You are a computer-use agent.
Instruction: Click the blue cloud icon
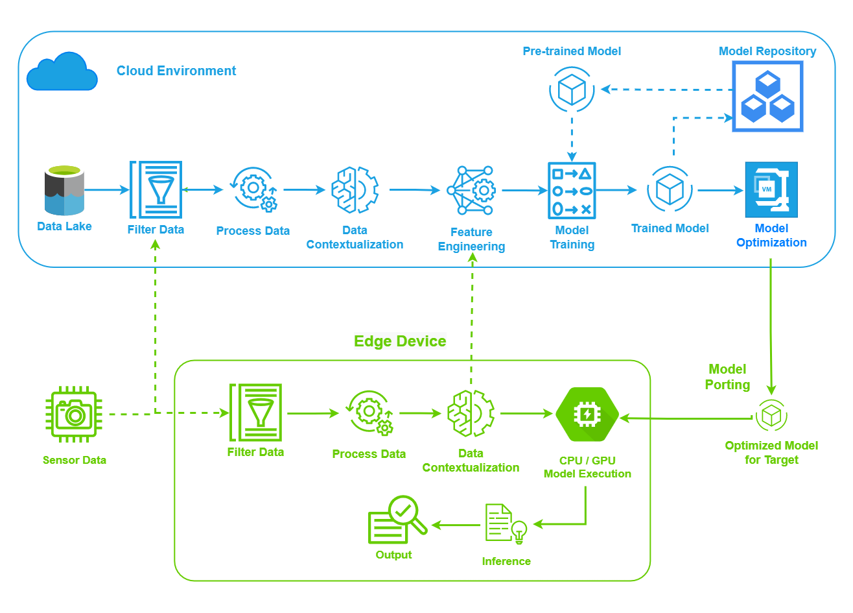pos(62,72)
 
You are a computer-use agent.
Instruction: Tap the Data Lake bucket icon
pos(64,191)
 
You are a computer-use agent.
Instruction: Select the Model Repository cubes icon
pos(767,97)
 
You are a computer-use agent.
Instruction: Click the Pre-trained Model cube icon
pos(572,90)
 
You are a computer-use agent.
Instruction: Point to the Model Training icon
pos(572,191)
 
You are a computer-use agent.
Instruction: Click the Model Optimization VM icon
pos(771,189)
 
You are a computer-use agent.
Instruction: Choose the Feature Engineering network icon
pos(472,191)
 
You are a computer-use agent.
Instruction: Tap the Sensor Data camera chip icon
pos(74,415)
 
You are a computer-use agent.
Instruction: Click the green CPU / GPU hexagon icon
pos(587,415)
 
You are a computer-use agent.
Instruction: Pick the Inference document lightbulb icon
pos(506,523)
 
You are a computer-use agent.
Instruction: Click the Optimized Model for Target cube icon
pos(771,415)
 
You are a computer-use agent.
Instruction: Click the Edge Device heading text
pos(400,341)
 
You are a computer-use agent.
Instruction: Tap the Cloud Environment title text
pos(176,71)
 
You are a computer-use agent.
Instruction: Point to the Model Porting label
pos(727,377)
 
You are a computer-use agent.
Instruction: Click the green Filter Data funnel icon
pos(256,413)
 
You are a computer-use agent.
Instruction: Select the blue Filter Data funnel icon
pos(156,189)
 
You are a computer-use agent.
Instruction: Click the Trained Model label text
pos(670,228)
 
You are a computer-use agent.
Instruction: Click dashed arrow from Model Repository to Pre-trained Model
pos(668,90)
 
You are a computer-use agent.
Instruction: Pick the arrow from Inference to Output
pos(456,525)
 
